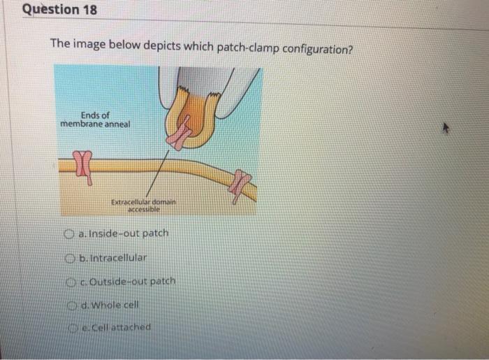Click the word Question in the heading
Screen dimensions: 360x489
(52, 10)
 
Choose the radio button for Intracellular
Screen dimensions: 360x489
(71, 257)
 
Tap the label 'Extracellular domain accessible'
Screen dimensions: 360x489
(145, 205)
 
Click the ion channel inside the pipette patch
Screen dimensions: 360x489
(183, 132)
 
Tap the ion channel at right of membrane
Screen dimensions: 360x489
(241, 185)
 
